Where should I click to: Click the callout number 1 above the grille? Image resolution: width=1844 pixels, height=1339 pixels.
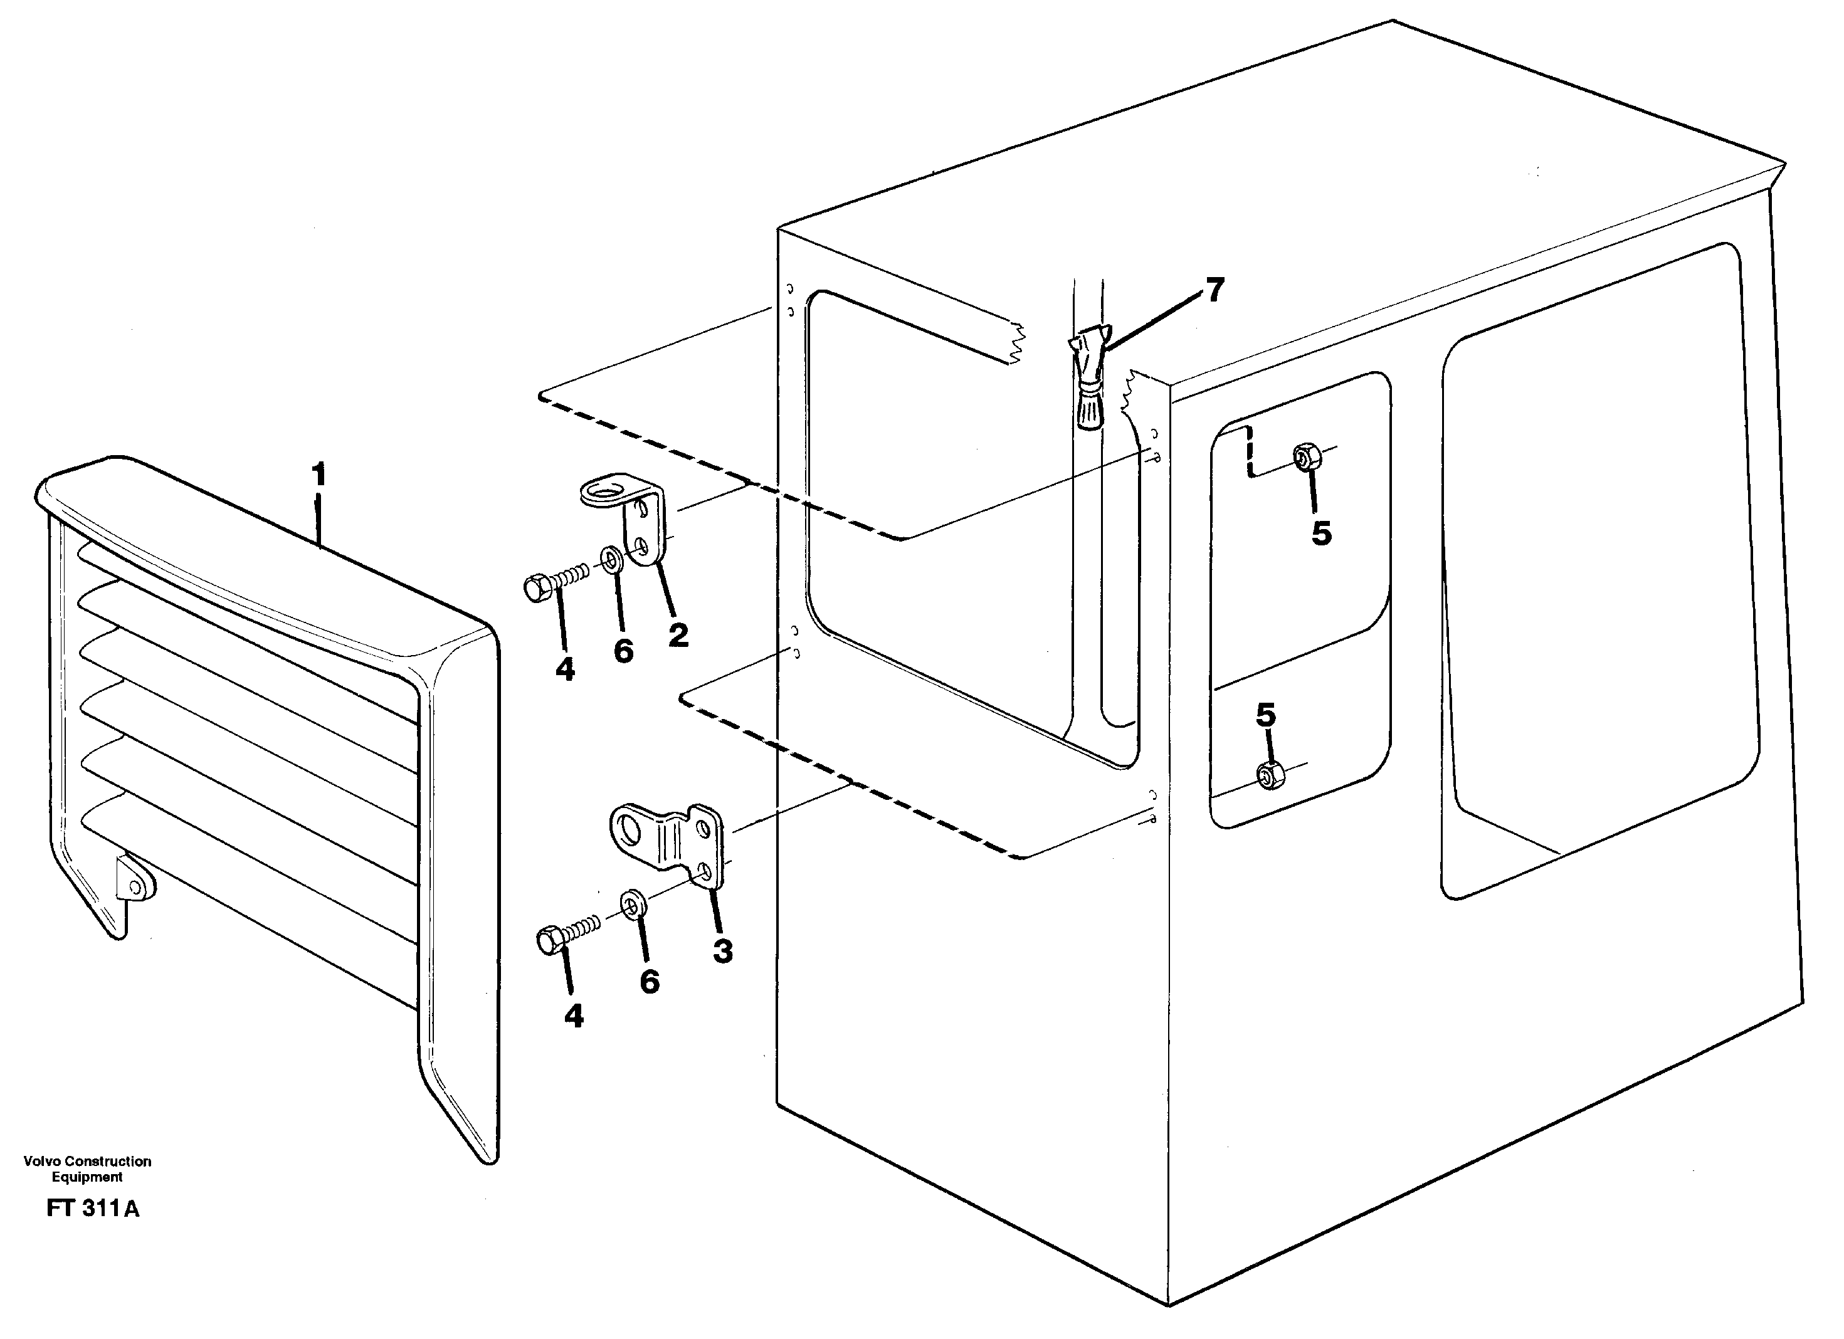click(319, 474)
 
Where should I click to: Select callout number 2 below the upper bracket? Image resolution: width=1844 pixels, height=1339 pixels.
click(678, 635)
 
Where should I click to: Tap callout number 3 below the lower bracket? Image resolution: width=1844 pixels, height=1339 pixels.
click(723, 950)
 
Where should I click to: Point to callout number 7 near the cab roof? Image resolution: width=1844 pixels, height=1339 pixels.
click(1214, 290)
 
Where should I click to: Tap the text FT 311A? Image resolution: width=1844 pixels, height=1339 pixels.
click(93, 1231)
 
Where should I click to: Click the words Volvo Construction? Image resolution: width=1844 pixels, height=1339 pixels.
click(87, 1161)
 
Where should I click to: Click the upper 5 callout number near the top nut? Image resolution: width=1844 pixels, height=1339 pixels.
click(1321, 533)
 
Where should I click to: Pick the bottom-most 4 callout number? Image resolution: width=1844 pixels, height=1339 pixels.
click(573, 1016)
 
